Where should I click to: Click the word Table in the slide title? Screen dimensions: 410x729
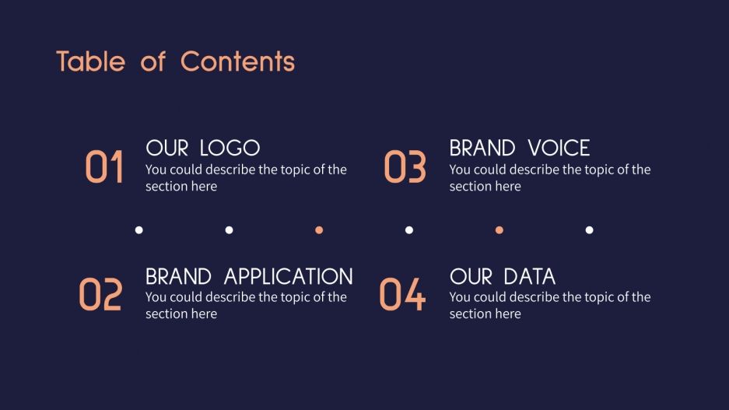click(x=90, y=61)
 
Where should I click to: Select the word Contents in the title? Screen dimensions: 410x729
click(x=237, y=61)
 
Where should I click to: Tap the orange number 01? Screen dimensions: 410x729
click(x=104, y=168)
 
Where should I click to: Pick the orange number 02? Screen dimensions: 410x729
click(x=100, y=296)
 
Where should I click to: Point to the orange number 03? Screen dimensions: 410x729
click(x=405, y=168)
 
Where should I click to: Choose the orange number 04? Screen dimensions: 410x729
click(x=402, y=296)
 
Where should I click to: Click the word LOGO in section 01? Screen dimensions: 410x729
click(x=230, y=148)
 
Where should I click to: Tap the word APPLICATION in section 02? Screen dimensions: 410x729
click(x=288, y=276)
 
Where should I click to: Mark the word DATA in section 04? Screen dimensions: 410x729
click(x=529, y=276)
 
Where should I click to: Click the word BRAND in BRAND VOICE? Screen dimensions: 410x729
click(x=482, y=148)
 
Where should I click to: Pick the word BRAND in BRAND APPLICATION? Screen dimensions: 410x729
click(x=179, y=276)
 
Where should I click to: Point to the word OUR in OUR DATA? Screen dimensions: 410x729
click(x=471, y=276)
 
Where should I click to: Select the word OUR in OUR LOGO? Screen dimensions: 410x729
click(x=167, y=148)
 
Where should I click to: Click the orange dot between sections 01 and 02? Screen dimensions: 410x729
click(x=319, y=230)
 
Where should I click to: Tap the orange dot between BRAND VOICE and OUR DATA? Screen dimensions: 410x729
click(x=499, y=230)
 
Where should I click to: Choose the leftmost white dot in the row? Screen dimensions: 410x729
click(x=139, y=230)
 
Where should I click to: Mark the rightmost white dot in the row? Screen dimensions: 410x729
click(x=590, y=230)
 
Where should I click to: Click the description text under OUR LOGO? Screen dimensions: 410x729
click(x=245, y=177)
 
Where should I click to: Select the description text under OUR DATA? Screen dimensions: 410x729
click(x=549, y=305)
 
